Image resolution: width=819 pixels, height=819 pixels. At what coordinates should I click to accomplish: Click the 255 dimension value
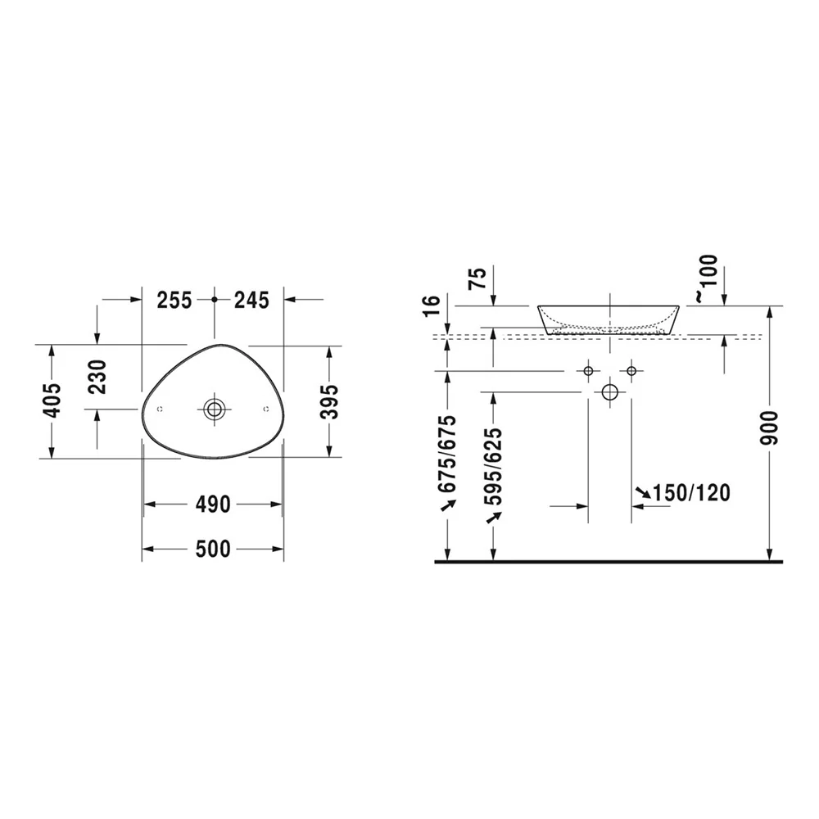[x=175, y=301]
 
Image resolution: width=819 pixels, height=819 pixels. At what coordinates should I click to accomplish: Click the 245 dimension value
[x=251, y=301]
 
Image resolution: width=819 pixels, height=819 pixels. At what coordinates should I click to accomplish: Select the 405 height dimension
[x=52, y=400]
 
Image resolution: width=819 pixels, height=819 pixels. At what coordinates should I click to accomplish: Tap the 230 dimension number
[x=97, y=377]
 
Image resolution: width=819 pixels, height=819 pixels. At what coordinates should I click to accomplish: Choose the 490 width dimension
[x=213, y=505]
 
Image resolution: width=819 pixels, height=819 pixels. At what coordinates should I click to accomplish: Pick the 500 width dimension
[x=213, y=549]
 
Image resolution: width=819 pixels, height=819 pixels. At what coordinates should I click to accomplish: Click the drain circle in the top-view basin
[x=214, y=409]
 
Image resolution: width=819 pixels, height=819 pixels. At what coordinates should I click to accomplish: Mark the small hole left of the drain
[x=160, y=409]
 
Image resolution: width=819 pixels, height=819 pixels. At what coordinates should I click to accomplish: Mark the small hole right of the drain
[x=266, y=409]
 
